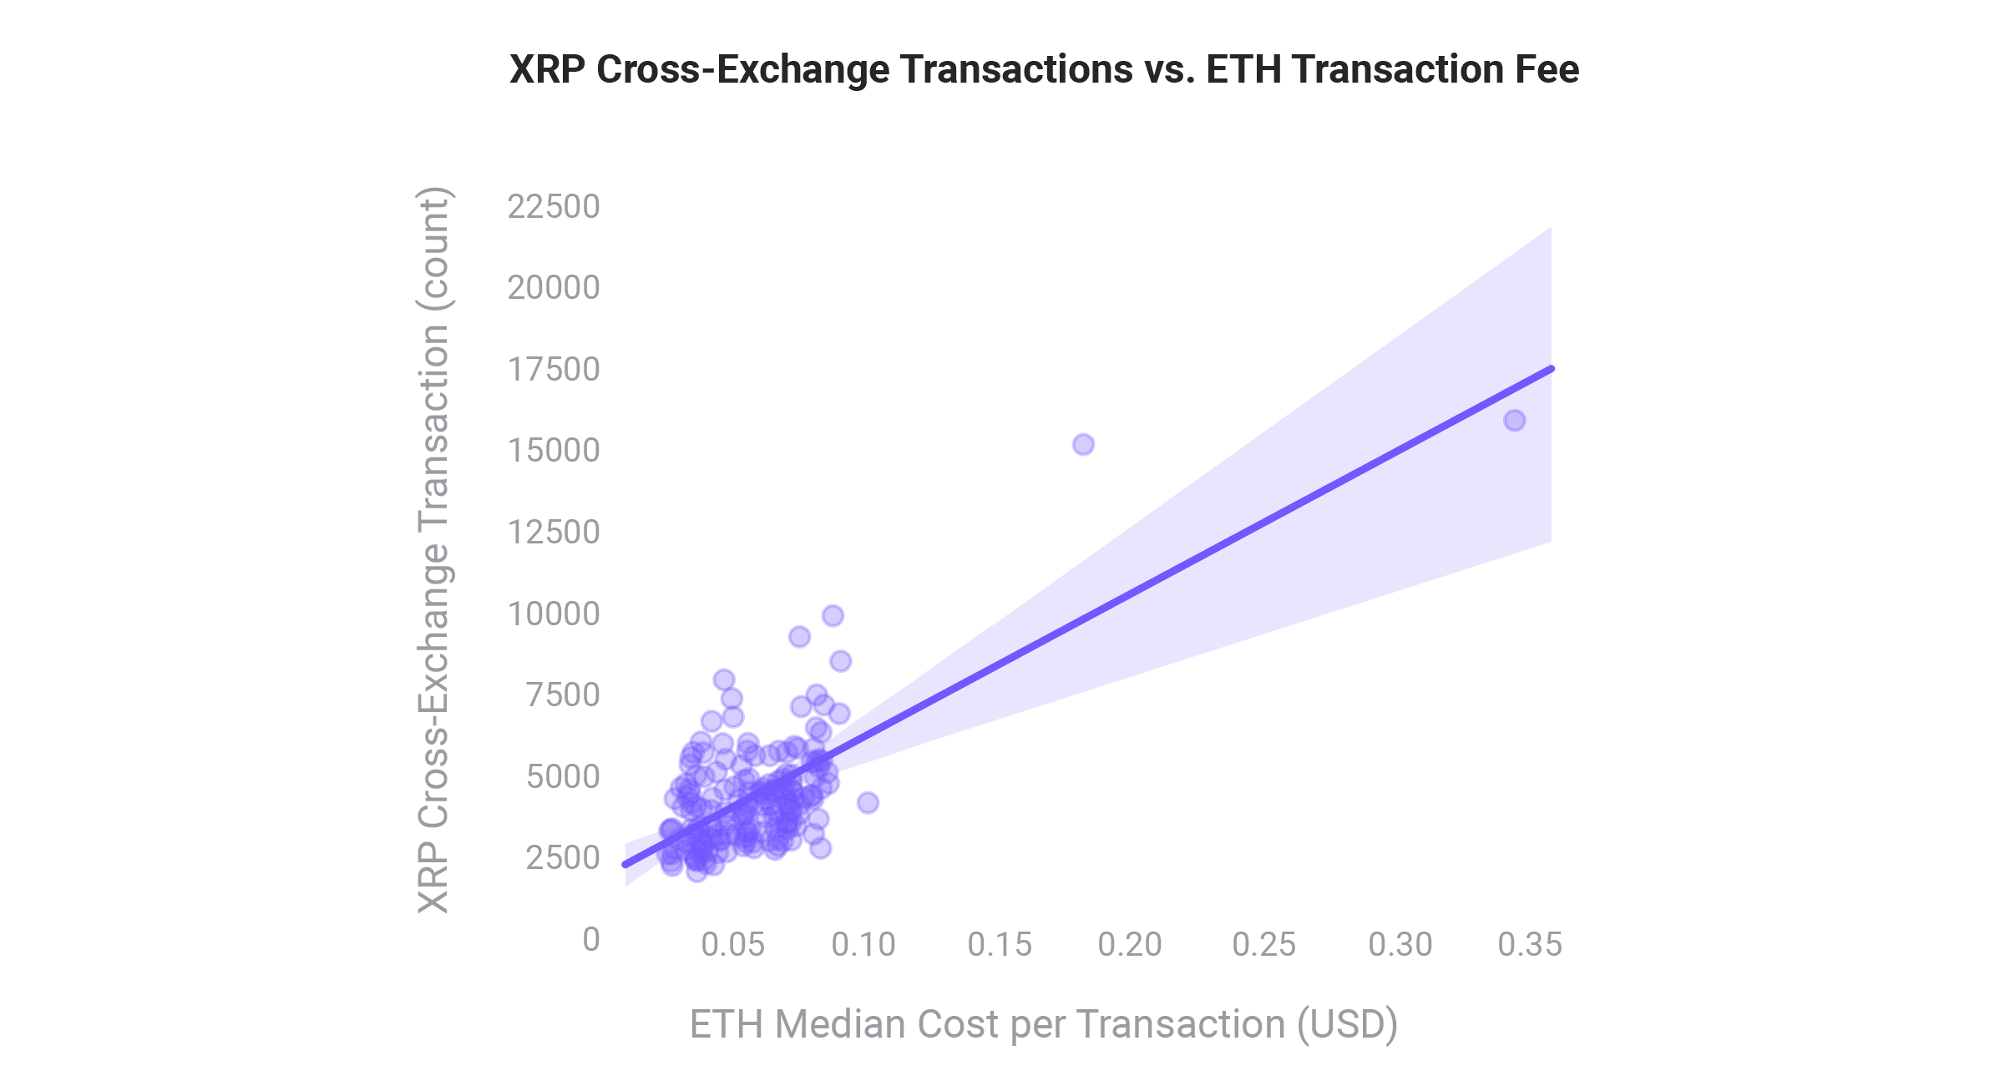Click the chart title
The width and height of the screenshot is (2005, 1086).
coord(1044,69)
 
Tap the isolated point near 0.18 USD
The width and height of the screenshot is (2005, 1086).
coord(1083,445)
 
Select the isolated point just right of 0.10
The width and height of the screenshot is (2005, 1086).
coord(868,803)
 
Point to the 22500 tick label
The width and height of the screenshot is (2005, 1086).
coord(554,207)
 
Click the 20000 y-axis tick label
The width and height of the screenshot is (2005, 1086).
coord(554,288)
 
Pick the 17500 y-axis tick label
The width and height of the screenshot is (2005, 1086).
coord(554,370)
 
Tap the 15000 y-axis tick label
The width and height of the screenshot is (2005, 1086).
coord(554,451)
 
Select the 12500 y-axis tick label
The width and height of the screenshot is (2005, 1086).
coord(554,533)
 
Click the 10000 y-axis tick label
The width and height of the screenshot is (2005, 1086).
coord(554,614)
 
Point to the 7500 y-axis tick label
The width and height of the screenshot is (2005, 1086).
coord(563,695)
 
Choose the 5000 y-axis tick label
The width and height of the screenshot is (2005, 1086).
coord(563,777)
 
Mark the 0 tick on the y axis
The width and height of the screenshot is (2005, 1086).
coord(591,940)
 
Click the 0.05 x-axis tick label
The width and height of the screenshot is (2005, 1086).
coord(732,945)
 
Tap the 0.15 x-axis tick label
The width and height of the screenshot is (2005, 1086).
coord(999,945)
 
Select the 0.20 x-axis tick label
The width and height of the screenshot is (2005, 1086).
coord(1130,945)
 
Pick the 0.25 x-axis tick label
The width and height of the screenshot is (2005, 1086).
coord(1263,945)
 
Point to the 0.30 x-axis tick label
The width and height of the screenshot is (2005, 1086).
coord(1400,945)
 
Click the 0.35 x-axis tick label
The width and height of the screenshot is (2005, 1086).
coord(1529,945)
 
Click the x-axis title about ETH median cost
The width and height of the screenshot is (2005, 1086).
coord(1044,1025)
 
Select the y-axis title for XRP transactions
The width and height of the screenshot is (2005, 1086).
coord(433,551)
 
